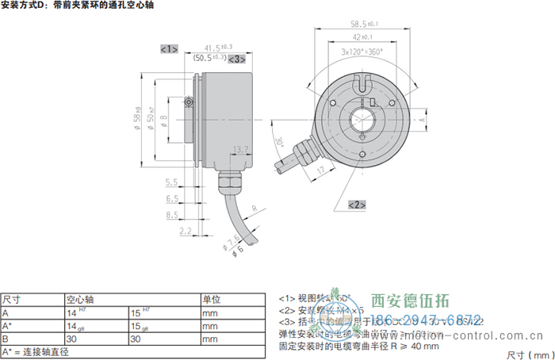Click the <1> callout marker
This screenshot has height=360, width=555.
click(169, 49)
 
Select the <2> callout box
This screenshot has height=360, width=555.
click(357, 205)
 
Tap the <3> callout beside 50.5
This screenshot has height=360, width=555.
click(238, 59)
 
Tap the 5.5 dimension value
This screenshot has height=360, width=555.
click(171, 182)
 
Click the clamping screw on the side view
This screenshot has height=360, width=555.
click(189, 101)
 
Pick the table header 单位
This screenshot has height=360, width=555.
click(211, 300)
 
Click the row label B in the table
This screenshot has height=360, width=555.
click(6, 339)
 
